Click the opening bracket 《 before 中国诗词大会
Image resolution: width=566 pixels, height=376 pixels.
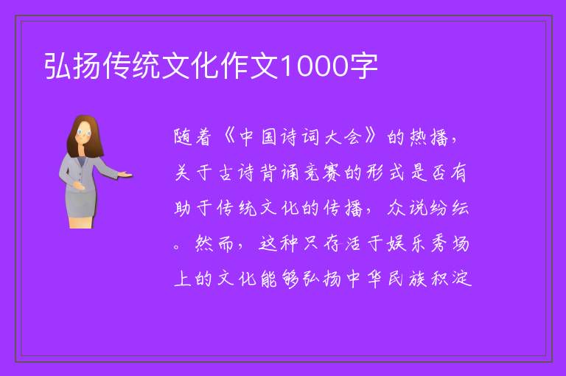[x=230, y=136]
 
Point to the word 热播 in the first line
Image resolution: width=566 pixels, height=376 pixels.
[x=429, y=137]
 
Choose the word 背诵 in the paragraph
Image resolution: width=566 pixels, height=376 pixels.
[x=280, y=173]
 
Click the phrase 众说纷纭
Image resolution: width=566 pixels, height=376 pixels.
[x=428, y=208]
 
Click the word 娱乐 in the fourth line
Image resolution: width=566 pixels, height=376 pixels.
[x=406, y=243]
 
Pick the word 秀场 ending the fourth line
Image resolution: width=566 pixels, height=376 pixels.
[x=450, y=243]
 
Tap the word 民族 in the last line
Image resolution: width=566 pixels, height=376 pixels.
[x=408, y=279]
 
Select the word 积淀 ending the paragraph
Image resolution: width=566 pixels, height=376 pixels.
[x=452, y=279]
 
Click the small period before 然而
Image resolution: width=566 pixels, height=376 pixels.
[x=177, y=247]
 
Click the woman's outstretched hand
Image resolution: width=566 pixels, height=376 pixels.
[x=126, y=175]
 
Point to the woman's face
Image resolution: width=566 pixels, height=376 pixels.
[x=84, y=133]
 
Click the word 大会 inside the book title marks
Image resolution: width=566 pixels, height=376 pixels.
[x=343, y=137]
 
